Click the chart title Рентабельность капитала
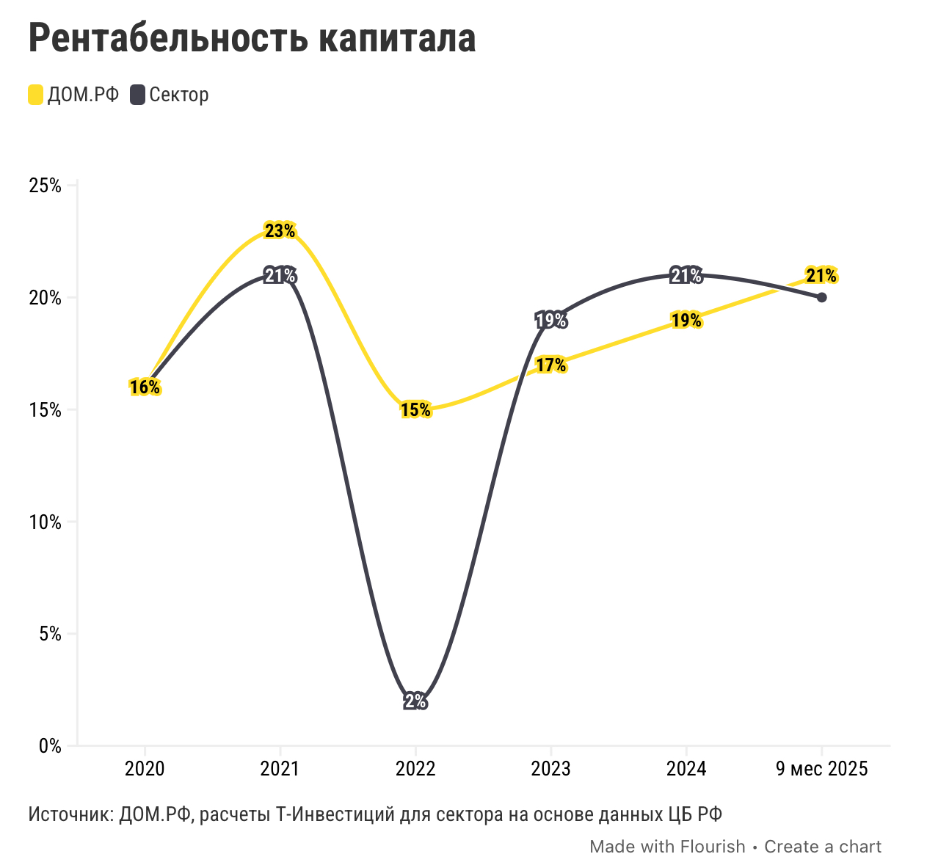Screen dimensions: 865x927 pos(252,38)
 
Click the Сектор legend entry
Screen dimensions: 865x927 pos(170,95)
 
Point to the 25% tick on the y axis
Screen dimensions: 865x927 pos(45,186)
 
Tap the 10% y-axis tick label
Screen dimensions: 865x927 pos(45,522)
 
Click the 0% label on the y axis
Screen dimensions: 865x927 pos(49,746)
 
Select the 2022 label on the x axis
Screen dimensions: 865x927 pos(415,769)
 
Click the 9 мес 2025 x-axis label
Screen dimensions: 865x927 pos(821,769)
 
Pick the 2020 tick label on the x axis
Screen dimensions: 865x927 pos(145,769)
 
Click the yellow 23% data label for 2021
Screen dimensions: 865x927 pos(280,231)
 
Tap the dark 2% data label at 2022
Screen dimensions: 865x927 pos(415,701)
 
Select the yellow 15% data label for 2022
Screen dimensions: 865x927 pos(415,410)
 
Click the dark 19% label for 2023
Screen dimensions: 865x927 pos(550,320)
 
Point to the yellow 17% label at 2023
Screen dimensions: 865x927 pos(550,365)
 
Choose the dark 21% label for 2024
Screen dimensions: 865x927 pos(686,276)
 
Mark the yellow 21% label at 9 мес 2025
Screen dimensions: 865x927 pos(821,276)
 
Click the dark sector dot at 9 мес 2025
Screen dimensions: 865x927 pos(821,297)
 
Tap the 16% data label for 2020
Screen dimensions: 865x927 pos(145,387)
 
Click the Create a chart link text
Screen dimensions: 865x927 pos(823,847)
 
